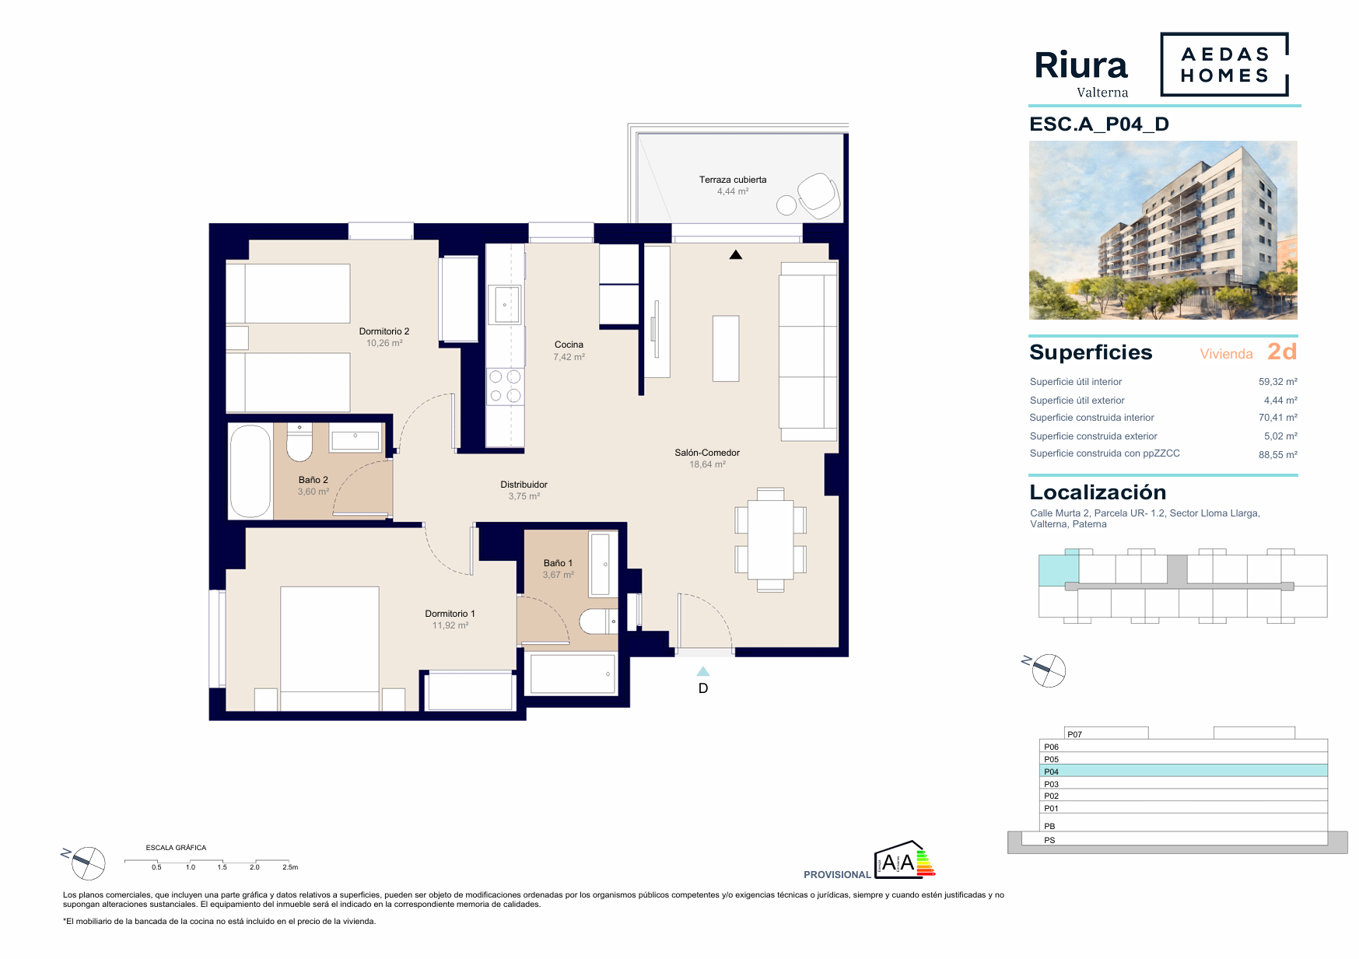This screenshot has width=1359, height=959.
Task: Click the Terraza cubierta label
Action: tap(733, 180)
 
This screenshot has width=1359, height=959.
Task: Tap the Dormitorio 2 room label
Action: tap(384, 331)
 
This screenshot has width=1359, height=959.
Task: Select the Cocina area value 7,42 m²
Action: tap(569, 357)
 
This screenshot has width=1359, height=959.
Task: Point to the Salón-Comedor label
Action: tap(707, 453)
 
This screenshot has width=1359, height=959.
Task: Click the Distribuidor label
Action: tap(524, 485)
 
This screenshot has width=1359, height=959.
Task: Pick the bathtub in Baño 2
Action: tap(250, 471)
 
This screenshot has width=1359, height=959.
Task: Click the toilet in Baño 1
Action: tap(598, 621)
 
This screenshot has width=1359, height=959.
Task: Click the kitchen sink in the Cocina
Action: tap(505, 304)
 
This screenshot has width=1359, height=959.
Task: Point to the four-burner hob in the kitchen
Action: tap(505, 387)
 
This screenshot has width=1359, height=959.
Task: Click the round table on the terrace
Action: tap(786, 205)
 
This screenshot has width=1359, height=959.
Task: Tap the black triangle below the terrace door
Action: tap(736, 254)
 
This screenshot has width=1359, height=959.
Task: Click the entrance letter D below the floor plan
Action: tap(703, 688)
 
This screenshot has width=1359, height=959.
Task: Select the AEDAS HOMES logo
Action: tap(1224, 65)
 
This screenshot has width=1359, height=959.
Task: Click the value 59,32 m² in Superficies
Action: tap(1278, 382)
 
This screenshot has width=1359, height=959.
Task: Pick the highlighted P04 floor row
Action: tap(1183, 771)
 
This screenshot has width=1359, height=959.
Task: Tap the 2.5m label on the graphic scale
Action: tap(290, 867)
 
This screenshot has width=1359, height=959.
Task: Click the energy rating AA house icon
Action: tap(905, 859)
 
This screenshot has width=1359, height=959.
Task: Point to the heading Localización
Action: tap(1098, 492)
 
